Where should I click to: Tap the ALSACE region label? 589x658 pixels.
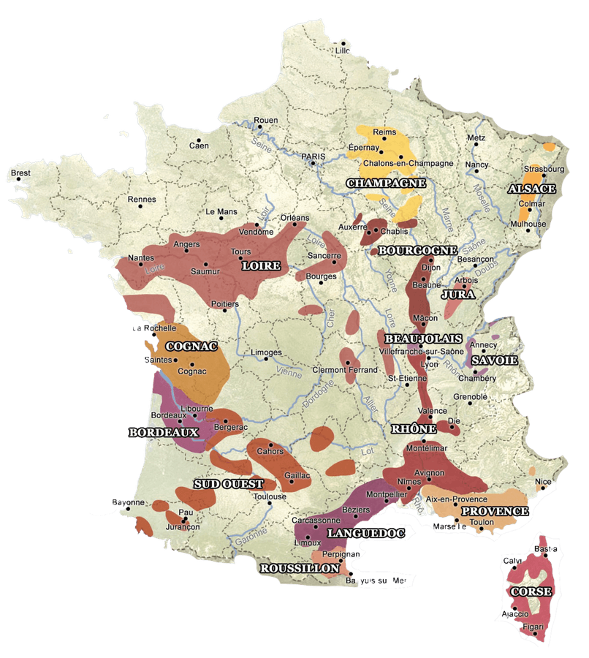(x=532, y=189)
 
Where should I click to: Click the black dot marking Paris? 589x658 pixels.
(x=313, y=163)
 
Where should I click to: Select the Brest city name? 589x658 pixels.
(x=20, y=173)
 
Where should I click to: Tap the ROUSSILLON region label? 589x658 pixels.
(x=300, y=568)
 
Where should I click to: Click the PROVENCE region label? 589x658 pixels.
(x=495, y=511)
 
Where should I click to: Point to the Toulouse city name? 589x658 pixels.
(x=270, y=497)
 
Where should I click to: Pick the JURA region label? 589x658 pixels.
(x=458, y=295)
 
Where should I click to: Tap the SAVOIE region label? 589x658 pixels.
(x=495, y=360)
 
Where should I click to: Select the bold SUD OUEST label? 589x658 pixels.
(x=228, y=484)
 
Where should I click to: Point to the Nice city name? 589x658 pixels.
(x=543, y=482)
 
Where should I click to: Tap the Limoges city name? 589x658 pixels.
(x=266, y=352)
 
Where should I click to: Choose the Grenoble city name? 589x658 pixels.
(x=470, y=397)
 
